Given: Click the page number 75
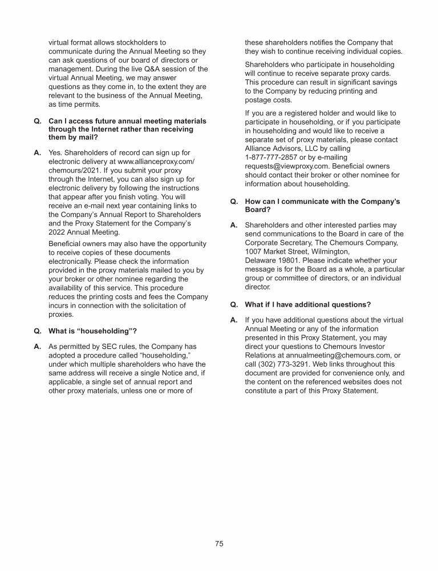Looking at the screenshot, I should (219, 544).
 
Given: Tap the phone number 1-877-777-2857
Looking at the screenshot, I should (273, 157).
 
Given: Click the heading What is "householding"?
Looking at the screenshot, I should (92, 331).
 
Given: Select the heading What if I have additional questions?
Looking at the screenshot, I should (307, 304).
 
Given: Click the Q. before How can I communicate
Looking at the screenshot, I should (234, 202).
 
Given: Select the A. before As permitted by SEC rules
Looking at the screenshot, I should (38, 347).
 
